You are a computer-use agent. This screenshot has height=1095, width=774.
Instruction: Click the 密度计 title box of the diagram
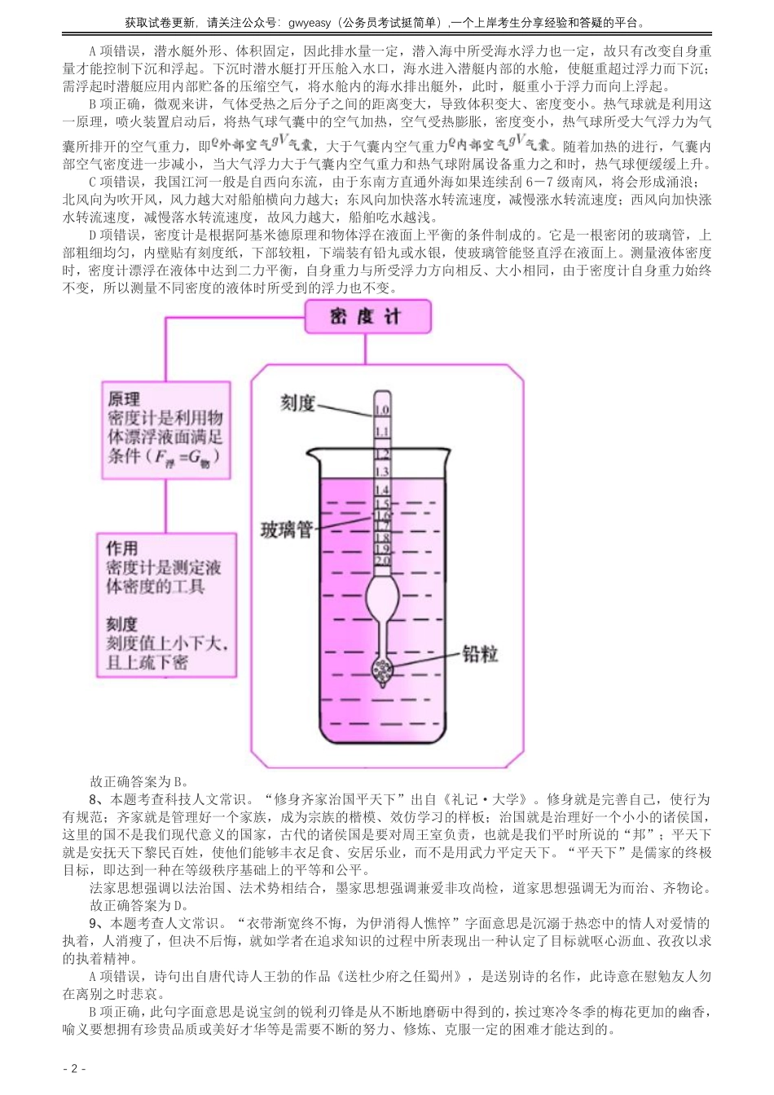365,317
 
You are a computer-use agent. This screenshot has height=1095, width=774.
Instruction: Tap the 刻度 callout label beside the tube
298,403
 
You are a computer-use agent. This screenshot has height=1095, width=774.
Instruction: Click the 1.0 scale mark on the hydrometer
381,411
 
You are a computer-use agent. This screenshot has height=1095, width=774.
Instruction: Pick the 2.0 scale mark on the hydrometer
381,561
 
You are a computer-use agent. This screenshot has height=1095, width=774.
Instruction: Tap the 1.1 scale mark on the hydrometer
381,431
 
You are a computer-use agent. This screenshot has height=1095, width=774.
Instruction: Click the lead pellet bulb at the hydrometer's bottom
381,670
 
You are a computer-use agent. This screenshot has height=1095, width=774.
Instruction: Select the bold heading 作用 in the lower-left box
122,547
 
